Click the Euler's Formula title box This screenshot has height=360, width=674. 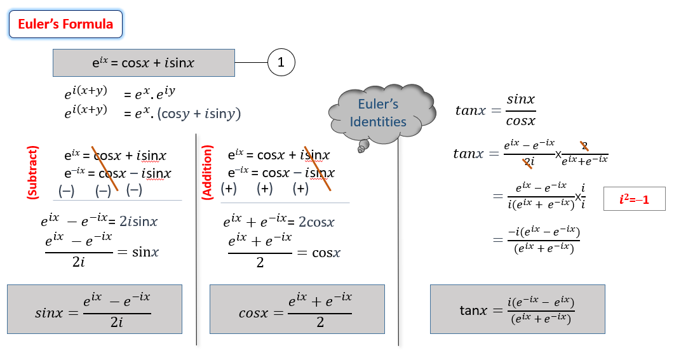tap(65, 25)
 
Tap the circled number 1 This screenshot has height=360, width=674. tap(281, 62)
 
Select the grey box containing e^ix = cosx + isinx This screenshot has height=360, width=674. tap(142, 63)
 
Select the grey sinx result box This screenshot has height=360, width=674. tap(95, 309)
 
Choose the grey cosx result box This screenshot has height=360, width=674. tap(297, 309)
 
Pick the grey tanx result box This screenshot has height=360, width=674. tap(517, 309)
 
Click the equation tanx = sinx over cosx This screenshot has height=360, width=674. tap(495, 110)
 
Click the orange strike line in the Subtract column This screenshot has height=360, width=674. tap(105, 167)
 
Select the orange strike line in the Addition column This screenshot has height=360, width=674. tap(317, 167)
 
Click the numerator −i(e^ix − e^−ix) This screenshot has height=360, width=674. tap(543, 234)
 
